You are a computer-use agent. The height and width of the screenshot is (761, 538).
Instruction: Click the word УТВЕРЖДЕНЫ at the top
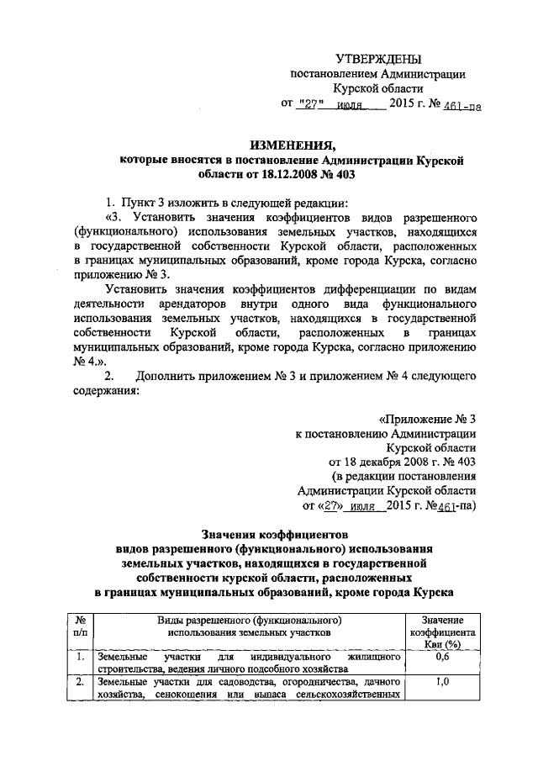[x=377, y=59]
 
